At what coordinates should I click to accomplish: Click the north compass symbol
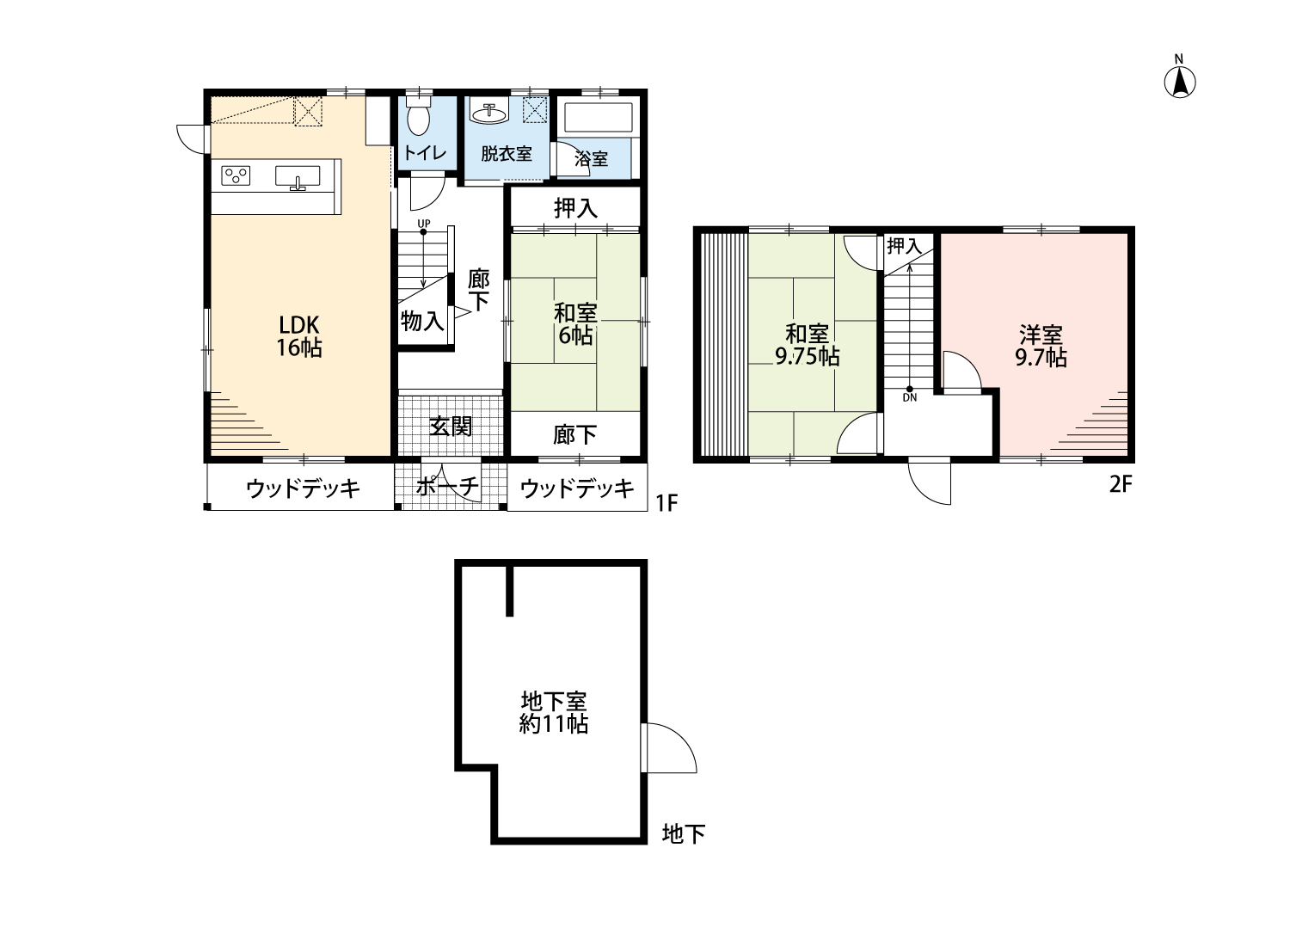1181,82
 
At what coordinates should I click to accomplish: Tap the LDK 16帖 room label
298,336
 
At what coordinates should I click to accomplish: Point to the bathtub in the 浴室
598,118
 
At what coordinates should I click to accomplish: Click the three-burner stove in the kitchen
236,175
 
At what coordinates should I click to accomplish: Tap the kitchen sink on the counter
298,176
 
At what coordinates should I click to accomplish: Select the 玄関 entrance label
451,426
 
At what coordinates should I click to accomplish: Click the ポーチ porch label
448,488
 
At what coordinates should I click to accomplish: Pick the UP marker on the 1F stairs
422,224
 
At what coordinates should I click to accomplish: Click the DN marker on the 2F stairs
909,395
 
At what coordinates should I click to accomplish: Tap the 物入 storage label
423,322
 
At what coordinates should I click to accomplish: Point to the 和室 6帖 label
575,323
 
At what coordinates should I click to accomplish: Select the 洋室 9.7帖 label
1041,345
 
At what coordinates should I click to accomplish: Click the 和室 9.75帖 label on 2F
807,345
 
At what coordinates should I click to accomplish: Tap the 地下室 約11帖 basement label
554,711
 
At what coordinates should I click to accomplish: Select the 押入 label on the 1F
575,207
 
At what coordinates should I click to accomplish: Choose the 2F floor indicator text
1120,484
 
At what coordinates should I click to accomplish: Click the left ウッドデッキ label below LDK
302,488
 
